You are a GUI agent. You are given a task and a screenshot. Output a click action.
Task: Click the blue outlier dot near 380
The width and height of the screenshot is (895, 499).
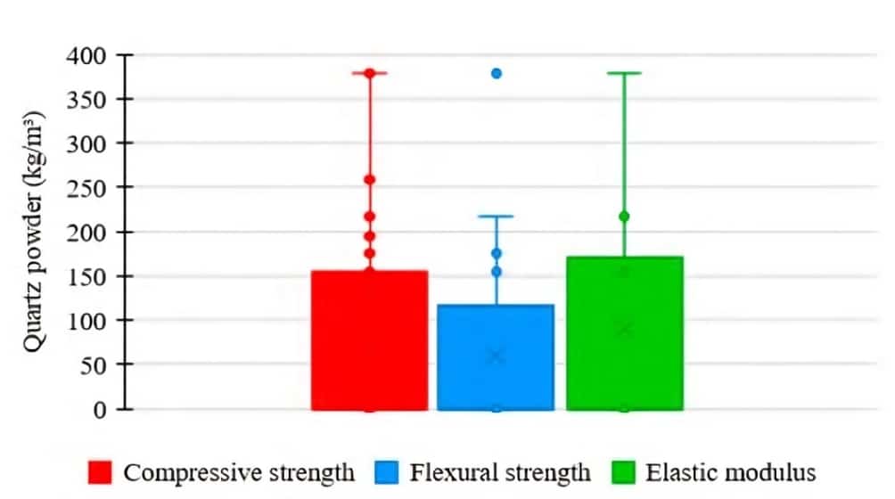[497, 73]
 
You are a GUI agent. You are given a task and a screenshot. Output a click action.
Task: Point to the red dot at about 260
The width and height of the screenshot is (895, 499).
[369, 180]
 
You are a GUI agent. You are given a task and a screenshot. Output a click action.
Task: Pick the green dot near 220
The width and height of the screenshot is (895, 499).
[624, 217]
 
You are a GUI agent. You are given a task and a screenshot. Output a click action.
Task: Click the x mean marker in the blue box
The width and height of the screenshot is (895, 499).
[497, 356]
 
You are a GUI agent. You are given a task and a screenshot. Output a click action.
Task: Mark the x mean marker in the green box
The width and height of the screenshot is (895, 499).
[624, 330]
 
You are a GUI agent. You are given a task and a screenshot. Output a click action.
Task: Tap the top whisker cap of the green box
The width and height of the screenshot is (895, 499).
[624, 73]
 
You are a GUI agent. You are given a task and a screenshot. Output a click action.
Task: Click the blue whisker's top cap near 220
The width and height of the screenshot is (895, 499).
[497, 217]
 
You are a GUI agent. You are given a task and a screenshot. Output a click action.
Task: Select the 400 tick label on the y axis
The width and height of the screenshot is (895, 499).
[86, 56]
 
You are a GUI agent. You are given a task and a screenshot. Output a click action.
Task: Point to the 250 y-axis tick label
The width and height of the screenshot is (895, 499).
[86, 188]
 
